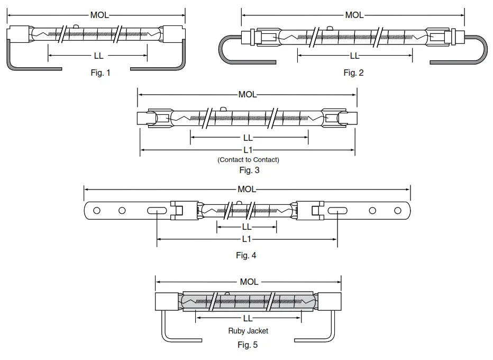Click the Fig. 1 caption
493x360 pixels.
click(x=101, y=73)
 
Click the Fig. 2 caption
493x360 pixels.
click(x=353, y=73)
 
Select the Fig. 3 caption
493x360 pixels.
click(x=249, y=170)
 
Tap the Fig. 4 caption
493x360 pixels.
click(x=246, y=255)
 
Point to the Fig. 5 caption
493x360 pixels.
click(x=248, y=344)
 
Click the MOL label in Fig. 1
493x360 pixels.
click(x=99, y=15)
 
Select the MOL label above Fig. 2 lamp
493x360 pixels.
click(x=354, y=15)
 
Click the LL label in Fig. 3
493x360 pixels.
click(x=249, y=138)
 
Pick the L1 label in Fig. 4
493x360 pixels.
click(x=246, y=239)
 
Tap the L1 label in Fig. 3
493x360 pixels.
click(x=248, y=150)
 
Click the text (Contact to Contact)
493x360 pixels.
click(x=248, y=160)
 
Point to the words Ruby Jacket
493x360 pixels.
click(x=248, y=331)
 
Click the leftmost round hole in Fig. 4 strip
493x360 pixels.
click(x=97, y=211)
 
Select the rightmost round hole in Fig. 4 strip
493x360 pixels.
click(x=398, y=211)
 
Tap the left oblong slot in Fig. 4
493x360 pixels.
click(x=157, y=211)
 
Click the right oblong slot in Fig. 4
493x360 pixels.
click(x=337, y=211)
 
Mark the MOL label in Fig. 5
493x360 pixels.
click(x=249, y=282)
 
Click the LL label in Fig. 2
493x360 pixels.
click(x=354, y=56)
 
